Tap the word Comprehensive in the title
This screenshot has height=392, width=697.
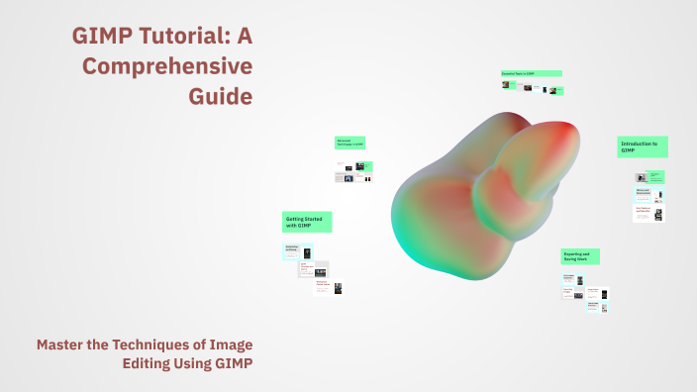(167, 67)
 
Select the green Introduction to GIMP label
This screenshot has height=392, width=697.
(643, 147)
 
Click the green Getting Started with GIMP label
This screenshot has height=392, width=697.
(307, 222)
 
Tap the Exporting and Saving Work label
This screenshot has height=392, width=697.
(579, 256)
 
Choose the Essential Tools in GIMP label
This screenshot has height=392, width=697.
(531, 73)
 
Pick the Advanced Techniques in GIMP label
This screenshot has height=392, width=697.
(349, 144)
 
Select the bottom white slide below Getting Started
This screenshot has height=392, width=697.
(330, 287)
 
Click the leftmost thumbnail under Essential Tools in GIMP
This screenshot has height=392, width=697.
(509, 85)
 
